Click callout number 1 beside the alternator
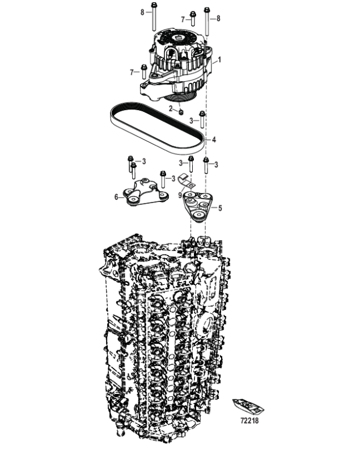(219, 60)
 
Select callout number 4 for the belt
(214, 139)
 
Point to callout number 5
(220, 208)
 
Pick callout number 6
(116, 197)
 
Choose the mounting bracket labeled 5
(200, 206)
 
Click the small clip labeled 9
(185, 182)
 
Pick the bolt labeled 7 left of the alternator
(144, 72)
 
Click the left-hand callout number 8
(142, 11)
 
